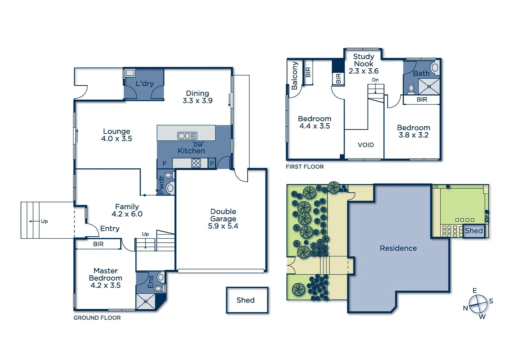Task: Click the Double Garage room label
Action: (x=223, y=219)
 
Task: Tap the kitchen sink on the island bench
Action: (x=187, y=136)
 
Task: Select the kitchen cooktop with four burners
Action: (x=196, y=163)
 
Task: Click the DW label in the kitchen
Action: (x=198, y=145)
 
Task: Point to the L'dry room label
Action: (x=144, y=83)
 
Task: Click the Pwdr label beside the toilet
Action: (x=161, y=185)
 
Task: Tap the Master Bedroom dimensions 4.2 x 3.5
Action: (x=105, y=285)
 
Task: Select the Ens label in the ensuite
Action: (x=151, y=282)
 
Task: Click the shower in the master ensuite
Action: (x=146, y=302)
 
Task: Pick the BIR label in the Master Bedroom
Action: (x=98, y=244)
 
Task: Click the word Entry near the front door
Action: (x=110, y=229)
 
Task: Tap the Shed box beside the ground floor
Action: (x=247, y=300)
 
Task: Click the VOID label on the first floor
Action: (x=366, y=145)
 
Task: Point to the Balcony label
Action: (x=294, y=76)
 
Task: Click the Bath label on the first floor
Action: (x=421, y=74)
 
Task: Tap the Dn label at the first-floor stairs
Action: (x=375, y=80)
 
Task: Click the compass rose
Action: (x=478, y=304)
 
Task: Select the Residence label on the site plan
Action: (x=398, y=248)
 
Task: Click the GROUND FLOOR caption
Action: (x=97, y=318)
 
